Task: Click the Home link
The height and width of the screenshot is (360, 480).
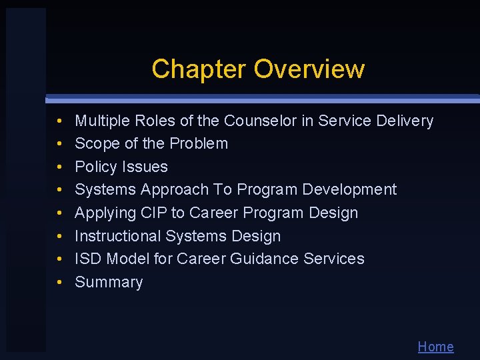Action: pos(435,347)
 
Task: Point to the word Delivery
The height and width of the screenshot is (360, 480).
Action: pos(405,121)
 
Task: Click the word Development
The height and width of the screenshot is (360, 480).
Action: pos(349,189)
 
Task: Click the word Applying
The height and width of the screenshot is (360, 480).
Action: pos(102,213)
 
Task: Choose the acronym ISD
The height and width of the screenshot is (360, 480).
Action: pos(88,259)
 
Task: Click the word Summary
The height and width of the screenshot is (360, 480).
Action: pos(109,283)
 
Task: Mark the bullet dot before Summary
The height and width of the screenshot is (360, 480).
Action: pos(59,283)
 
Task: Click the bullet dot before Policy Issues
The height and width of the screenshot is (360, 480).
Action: pos(59,167)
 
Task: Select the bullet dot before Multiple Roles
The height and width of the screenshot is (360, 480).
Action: pos(59,121)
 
